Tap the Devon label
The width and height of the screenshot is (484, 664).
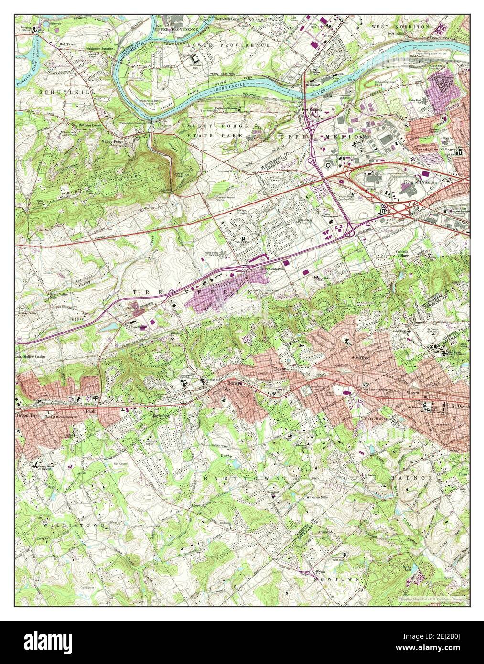coord(280,368)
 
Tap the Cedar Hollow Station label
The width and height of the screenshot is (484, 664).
coord(30,357)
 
